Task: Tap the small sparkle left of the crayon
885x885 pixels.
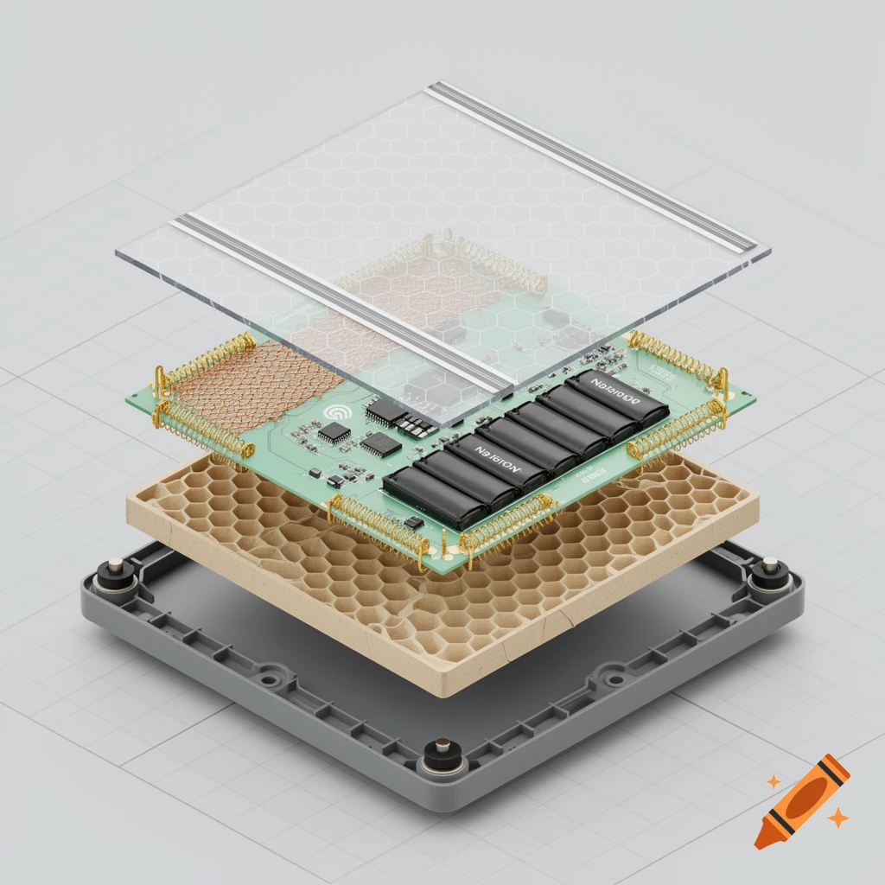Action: pos(774,781)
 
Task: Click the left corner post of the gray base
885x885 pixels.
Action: pos(113,573)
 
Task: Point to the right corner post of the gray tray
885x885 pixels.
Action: pos(769,574)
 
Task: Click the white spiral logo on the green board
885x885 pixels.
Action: pos(336,413)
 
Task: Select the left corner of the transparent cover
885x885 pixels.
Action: pos(118,252)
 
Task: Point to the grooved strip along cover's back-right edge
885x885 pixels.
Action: pos(596,164)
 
